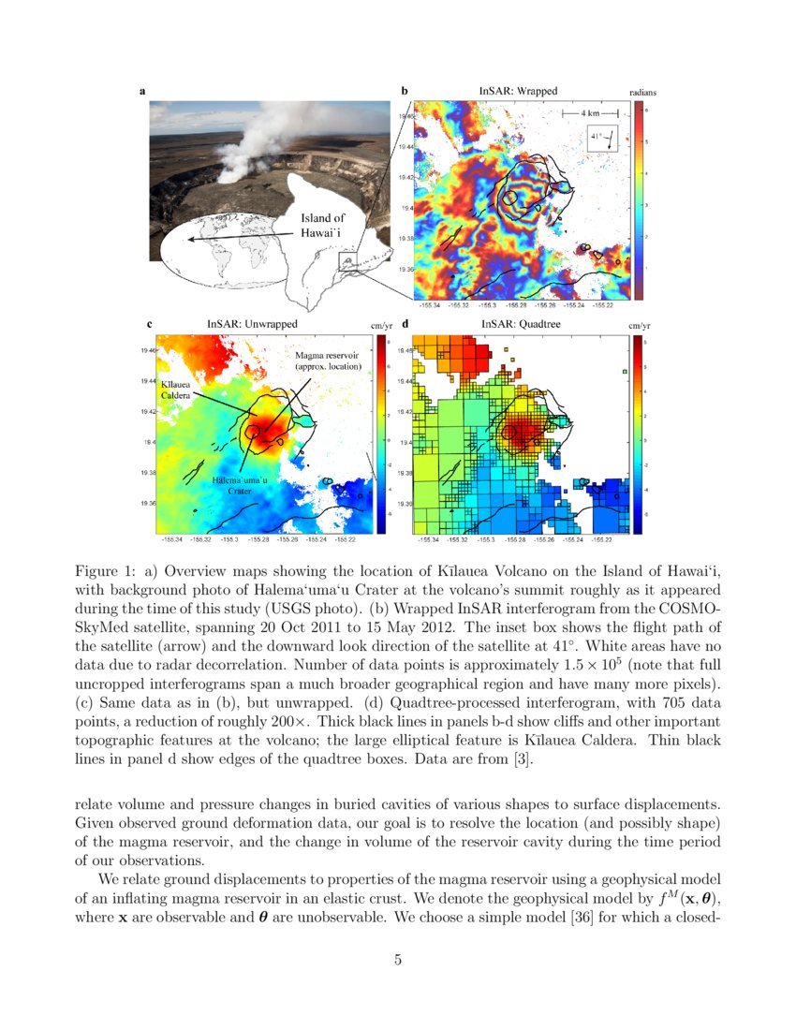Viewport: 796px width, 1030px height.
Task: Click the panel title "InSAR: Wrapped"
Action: [518, 91]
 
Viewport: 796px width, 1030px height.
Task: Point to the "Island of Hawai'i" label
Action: [323, 225]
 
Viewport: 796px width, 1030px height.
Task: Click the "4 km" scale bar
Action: [590, 112]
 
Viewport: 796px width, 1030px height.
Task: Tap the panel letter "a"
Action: [142, 91]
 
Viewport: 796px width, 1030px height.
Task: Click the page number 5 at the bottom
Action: [398, 958]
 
